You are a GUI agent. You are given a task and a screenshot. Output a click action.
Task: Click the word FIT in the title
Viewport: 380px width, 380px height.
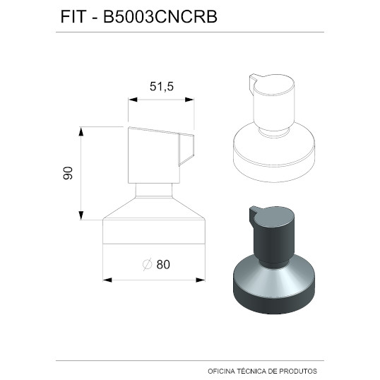[73, 17]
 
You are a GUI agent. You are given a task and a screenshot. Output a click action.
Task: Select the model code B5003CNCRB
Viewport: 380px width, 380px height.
[160, 17]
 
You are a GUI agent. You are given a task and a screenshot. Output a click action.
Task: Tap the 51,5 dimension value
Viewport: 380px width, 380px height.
[162, 86]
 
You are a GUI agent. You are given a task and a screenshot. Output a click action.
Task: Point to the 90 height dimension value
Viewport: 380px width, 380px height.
[68, 173]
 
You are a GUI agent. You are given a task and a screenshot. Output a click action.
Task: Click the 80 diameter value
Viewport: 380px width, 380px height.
[163, 264]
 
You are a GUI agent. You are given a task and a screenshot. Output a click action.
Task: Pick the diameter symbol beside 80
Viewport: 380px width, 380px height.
[148, 264]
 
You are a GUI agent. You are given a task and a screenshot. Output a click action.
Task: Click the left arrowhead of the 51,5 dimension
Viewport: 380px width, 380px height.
[133, 100]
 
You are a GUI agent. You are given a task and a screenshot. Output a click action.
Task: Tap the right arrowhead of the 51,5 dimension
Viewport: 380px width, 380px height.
[189, 100]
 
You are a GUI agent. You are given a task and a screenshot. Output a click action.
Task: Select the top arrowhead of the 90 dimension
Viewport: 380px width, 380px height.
[81, 131]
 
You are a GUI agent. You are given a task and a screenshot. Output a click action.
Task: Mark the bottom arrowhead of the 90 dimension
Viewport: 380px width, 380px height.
[81, 215]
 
